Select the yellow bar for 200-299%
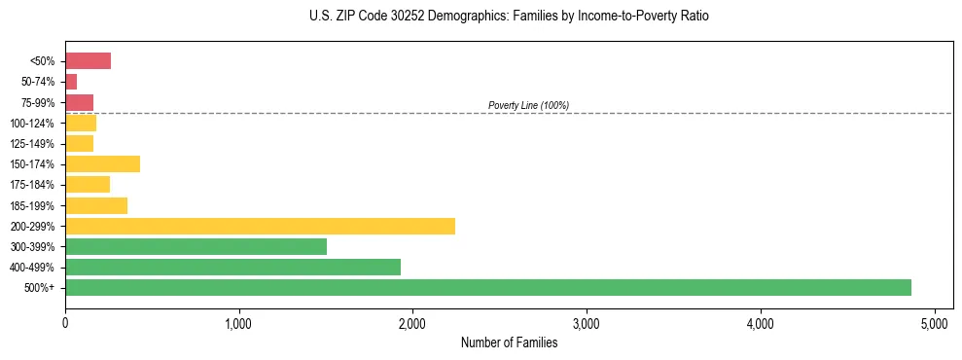tap(260, 226)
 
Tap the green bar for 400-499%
tap(232, 267)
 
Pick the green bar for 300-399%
tap(196, 246)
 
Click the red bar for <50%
tap(88, 61)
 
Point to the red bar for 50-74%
tap(71, 82)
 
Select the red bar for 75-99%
tap(79, 102)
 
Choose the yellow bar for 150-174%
tap(102, 164)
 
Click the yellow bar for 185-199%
tap(96, 205)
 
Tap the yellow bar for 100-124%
tap(81, 123)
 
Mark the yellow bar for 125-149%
tap(79, 144)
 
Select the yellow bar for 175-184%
tap(88, 185)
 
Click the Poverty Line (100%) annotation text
tap(528, 105)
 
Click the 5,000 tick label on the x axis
tap(935, 322)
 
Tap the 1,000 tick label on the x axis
tap(238, 322)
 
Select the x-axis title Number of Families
tap(509, 342)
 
